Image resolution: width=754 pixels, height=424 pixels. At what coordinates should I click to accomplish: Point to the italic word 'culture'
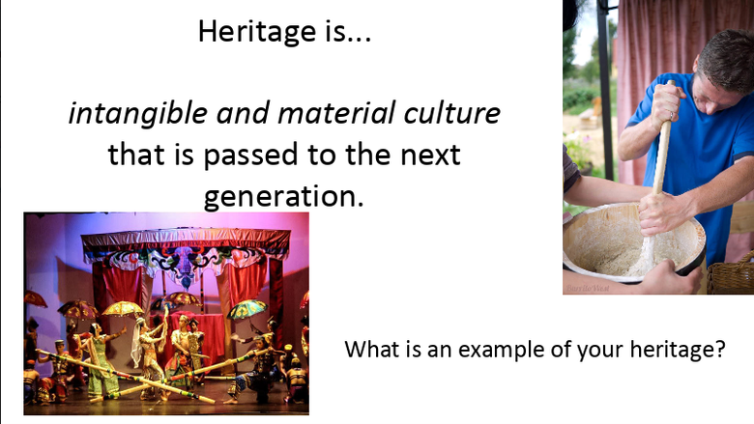click(x=452, y=114)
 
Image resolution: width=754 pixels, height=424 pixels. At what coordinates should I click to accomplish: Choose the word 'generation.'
click(x=283, y=196)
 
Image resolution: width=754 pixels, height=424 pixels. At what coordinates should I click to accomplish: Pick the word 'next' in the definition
click(x=427, y=155)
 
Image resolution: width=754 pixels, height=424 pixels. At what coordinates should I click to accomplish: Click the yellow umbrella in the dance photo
click(x=124, y=309)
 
